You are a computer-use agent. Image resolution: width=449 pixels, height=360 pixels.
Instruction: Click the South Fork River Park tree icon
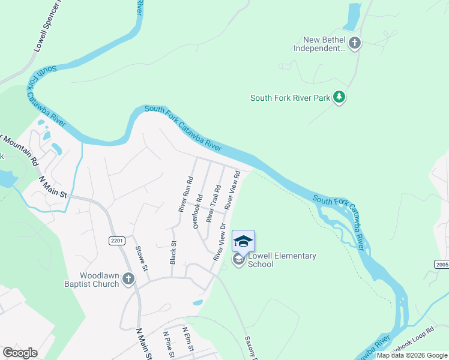tap(339, 97)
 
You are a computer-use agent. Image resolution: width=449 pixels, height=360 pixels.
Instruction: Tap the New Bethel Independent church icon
tap(355, 43)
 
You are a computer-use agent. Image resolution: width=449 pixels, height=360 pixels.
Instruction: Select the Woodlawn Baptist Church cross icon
tap(128, 278)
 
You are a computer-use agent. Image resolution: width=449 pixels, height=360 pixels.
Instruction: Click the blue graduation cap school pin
tap(243, 241)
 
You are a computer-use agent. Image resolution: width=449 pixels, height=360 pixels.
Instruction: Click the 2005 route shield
tap(441, 264)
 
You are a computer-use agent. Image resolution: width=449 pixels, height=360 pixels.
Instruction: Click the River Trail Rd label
tap(214, 203)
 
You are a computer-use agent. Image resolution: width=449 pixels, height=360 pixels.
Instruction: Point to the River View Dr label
tap(219, 242)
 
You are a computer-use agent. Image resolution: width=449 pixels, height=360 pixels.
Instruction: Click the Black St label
tap(173, 253)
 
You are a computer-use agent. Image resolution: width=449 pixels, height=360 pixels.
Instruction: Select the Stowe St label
tap(142, 258)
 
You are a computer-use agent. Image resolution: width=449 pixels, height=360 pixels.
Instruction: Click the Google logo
tap(20, 352)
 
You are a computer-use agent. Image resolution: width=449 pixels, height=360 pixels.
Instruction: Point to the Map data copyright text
tap(412, 355)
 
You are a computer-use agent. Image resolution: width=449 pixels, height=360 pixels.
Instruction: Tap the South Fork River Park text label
tap(291, 98)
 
